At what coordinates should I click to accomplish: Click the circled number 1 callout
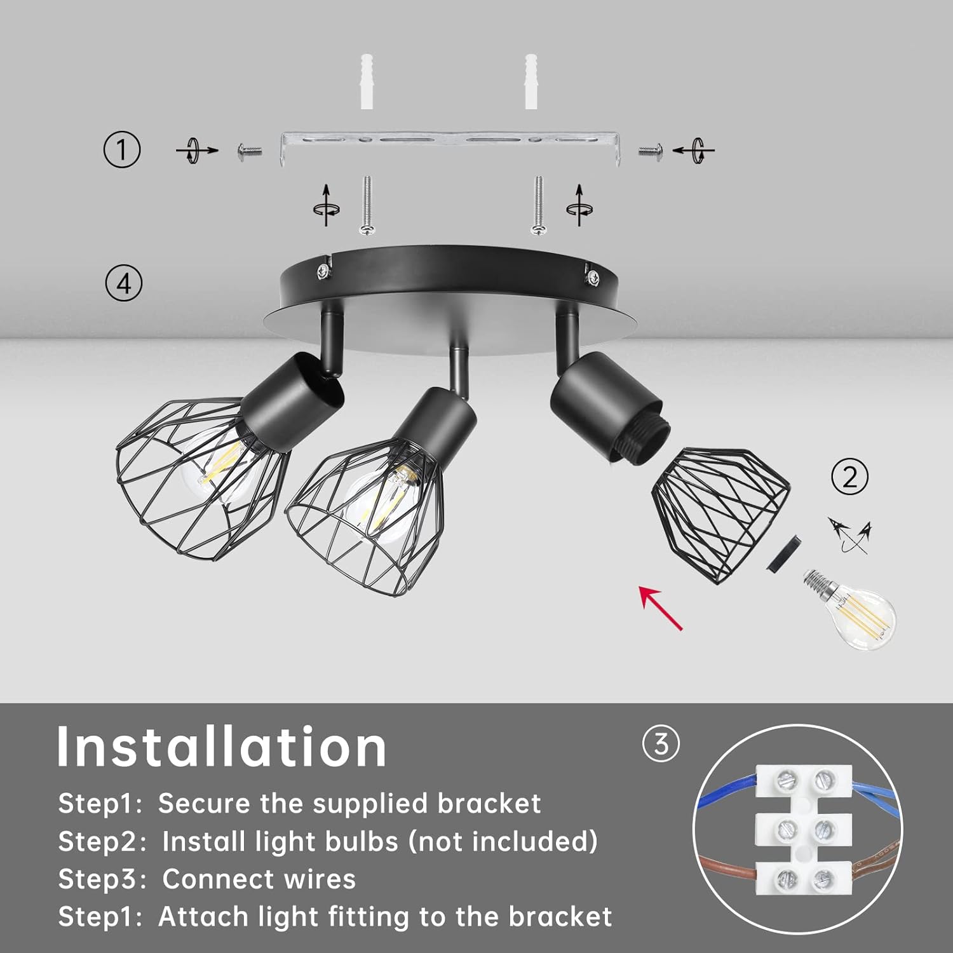(x=122, y=149)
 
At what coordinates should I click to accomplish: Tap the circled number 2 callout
(x=850, y=476)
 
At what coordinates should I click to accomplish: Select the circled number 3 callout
(x=661, y=743)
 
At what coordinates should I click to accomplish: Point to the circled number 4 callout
(x=123, y=283)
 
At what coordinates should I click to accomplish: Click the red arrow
(x=661, y=608)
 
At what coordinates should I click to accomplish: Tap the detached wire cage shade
(x=722, y=515)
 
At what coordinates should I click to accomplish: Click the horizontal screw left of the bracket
(x=250, y=151)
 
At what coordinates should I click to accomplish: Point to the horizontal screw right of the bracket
(x=651, y=151)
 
